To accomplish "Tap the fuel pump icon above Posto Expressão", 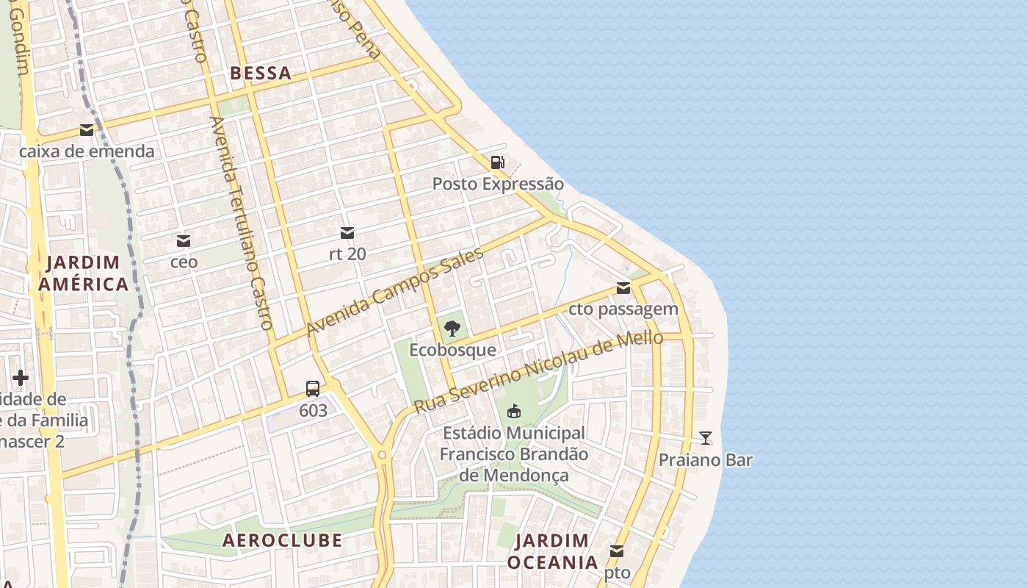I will [x=498, y=162].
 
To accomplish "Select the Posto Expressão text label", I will [x=498, y=184].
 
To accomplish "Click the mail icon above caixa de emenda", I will [x=87, y=131].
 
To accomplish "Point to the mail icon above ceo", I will [x=184, y=241].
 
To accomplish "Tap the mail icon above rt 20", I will [x=347, y=234].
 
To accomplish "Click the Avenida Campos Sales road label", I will [x=395, y=292].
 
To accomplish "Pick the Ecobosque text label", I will [x=452, y=350].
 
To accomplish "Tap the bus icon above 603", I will [x=313, y=389].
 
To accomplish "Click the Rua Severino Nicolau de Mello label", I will [x=538, y=372].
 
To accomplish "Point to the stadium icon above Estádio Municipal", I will [x=514, y=411].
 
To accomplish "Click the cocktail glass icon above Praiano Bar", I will [x=706, y=438].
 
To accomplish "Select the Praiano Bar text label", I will [x=706, y=460].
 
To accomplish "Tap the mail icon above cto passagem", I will [x=623, y=288].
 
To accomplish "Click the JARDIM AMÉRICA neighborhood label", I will [x=84, y=273].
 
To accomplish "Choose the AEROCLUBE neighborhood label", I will [x=282, y=540].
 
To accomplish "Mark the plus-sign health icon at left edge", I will [x=21, y=378].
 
